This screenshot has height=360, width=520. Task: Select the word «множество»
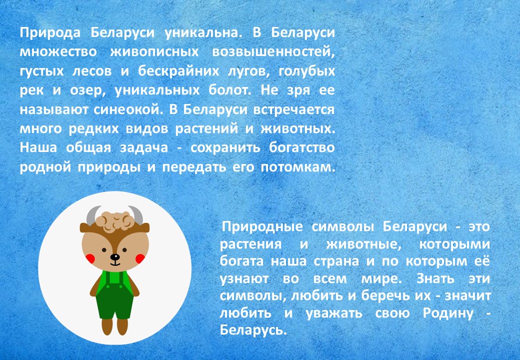[x=58, y=52]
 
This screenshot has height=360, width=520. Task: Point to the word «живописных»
[x=154, y=52]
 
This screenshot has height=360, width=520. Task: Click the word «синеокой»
[x=128, y=109]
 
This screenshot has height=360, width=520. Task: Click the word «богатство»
[x=302, y=147]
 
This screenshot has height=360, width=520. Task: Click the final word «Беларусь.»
[x=253, y=330]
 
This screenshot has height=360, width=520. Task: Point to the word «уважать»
[x=334, y=313]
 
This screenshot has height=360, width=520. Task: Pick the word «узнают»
[x=244, y=279]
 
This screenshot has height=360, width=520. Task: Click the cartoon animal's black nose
[x=115, y=257]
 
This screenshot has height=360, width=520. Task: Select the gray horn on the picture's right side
[x=136, y=214]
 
